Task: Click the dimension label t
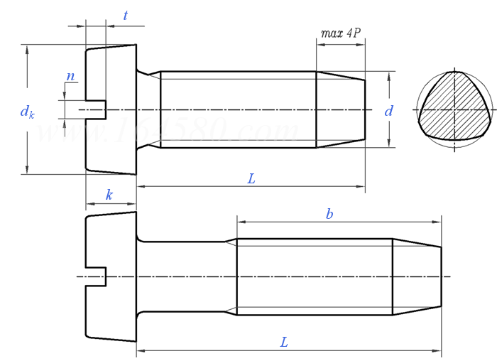126,16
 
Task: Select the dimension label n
70,76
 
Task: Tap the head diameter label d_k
27,112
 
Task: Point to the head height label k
109,195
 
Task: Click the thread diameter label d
388,111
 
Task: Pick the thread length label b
329,214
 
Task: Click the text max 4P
341,33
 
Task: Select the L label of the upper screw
251,178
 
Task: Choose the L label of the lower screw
284,342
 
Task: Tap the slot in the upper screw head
96,109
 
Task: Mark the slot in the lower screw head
96,276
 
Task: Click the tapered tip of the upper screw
341,109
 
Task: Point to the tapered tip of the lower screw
417,276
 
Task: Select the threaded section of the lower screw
314,276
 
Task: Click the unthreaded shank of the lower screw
185,276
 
